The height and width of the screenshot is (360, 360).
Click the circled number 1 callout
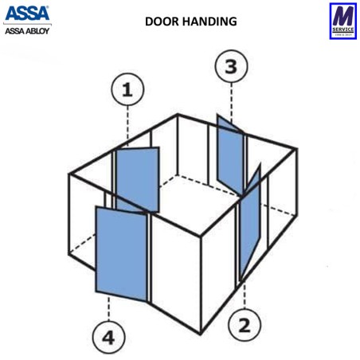(x=127, y=92)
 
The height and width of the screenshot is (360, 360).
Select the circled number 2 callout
(x=244, y=324)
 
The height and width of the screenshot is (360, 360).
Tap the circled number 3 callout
(x=231, y=67)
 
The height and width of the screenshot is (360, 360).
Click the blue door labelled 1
(x=138, y=179)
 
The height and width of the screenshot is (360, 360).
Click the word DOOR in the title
(x=161, y=22)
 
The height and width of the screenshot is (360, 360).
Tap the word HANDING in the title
(x=209, y=22)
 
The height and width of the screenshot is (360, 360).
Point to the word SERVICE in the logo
(x=342, y=29)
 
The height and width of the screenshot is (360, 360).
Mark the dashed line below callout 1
(x=127, y=127)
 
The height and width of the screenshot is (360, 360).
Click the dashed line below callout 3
(x=231, y=100)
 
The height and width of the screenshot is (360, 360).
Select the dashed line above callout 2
(x=243, y=295)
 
